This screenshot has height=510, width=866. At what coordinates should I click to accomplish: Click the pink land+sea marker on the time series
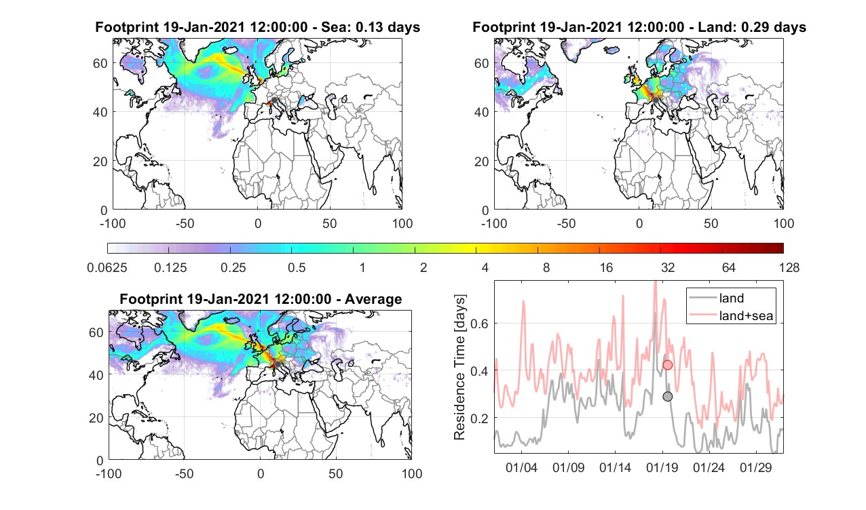667,365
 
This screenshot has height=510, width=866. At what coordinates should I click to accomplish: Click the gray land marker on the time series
667,397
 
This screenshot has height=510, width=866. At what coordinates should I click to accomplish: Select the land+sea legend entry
731,315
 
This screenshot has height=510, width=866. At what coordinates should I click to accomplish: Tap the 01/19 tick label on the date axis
662,468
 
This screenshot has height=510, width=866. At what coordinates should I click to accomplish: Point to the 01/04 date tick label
521,468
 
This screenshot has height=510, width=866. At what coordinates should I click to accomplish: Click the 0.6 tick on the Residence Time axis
480,323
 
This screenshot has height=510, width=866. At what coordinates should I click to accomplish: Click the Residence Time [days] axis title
459,368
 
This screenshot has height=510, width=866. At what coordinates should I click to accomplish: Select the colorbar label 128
789,267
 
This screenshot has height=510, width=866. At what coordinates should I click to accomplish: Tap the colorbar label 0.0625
107,267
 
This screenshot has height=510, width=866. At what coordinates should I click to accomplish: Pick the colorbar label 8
546,267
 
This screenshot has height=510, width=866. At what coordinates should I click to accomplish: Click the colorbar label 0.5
297,267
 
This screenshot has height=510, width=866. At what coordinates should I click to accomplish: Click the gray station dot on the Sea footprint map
274,100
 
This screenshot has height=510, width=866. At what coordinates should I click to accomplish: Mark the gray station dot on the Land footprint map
656,100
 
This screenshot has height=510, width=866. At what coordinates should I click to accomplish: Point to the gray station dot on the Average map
278,364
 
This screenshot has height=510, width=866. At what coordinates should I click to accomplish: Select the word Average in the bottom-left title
373,299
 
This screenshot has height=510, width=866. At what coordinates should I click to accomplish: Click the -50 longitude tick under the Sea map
185,224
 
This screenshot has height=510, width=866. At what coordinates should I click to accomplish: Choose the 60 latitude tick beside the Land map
481,63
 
